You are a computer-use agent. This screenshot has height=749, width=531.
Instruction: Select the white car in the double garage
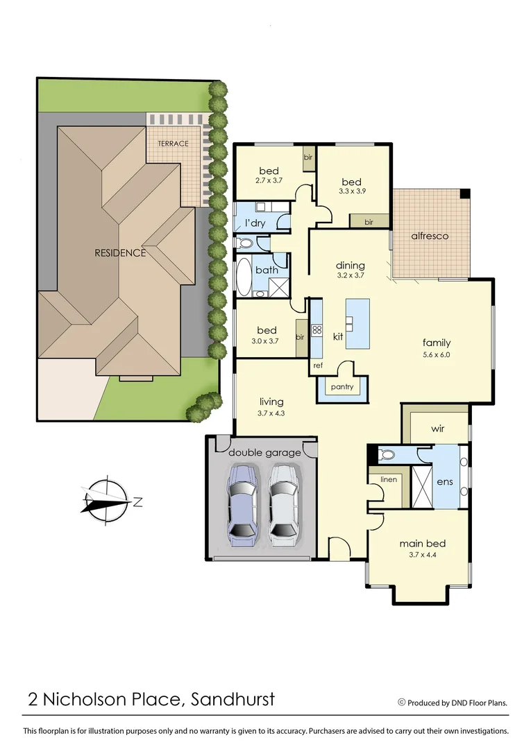284,503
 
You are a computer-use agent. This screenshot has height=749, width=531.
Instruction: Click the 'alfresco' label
430,236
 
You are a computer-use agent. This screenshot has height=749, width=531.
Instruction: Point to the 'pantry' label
342,387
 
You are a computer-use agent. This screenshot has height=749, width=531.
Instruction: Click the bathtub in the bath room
244,276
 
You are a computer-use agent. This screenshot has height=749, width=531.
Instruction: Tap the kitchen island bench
357,324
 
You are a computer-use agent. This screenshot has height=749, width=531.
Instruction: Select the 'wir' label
437,429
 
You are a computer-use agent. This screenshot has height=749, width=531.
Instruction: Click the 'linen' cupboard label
388,479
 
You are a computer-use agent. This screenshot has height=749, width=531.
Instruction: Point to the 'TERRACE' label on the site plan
173,144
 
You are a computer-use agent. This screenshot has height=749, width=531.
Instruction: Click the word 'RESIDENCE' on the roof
120,253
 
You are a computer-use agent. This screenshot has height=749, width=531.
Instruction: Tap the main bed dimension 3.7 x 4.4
421,554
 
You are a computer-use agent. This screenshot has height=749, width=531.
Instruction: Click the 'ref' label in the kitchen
317,365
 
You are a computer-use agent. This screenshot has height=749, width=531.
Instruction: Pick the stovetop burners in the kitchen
317,330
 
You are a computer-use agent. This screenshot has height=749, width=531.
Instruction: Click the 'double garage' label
265,453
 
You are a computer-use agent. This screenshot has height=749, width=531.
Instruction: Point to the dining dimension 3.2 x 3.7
350,275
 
